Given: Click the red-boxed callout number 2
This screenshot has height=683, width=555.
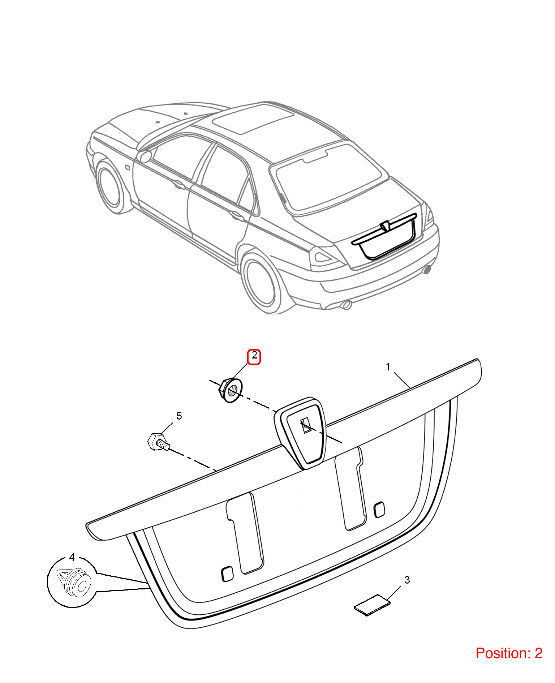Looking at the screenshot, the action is coord(254,356).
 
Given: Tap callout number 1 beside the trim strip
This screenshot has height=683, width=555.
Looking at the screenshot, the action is coord(388,367).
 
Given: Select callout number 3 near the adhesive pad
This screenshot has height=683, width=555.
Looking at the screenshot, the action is coord(407,580).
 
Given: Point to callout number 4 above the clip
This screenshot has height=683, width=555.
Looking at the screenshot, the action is coord(72,558).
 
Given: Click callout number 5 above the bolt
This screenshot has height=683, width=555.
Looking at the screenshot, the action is coord(179,416).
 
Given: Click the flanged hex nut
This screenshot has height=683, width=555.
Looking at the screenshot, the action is coord(231,390).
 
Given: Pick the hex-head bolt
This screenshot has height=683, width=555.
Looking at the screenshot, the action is coord(158,442).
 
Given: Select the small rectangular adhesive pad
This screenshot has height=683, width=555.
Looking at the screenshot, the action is coord(372,605).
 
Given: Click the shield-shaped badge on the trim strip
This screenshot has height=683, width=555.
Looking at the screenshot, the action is coord(300,433).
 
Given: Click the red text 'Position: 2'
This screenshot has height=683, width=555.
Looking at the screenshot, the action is coord(509,653).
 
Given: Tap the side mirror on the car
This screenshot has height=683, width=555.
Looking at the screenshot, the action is coord(144,157).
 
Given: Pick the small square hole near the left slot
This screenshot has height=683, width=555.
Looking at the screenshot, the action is coord(227,574).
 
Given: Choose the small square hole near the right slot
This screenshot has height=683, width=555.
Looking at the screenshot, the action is coord(379,510).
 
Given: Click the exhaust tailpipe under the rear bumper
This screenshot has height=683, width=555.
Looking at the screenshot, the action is coord(346,305).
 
